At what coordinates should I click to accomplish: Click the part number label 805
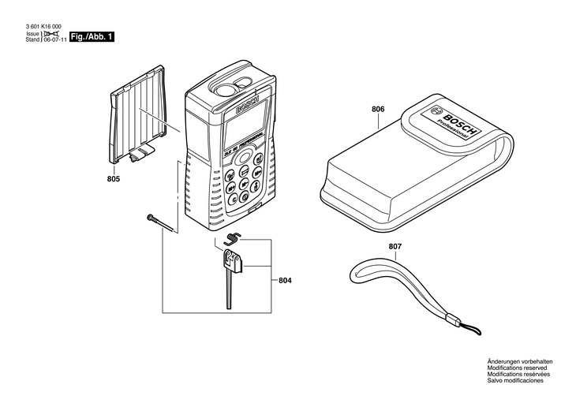pyautogui.click(x=114, y=181)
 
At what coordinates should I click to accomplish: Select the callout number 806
pyautogui.click(x=378, y=109)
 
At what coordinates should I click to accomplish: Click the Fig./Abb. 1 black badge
pyautogui.click(x=92, y=37)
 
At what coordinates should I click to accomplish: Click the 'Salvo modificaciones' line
pyautogui.click(x=515, y=380)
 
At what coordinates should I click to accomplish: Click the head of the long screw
pyautogui.click(x=148, y=218)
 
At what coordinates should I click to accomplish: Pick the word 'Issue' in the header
pyautogui.click(x=32, y=35)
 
